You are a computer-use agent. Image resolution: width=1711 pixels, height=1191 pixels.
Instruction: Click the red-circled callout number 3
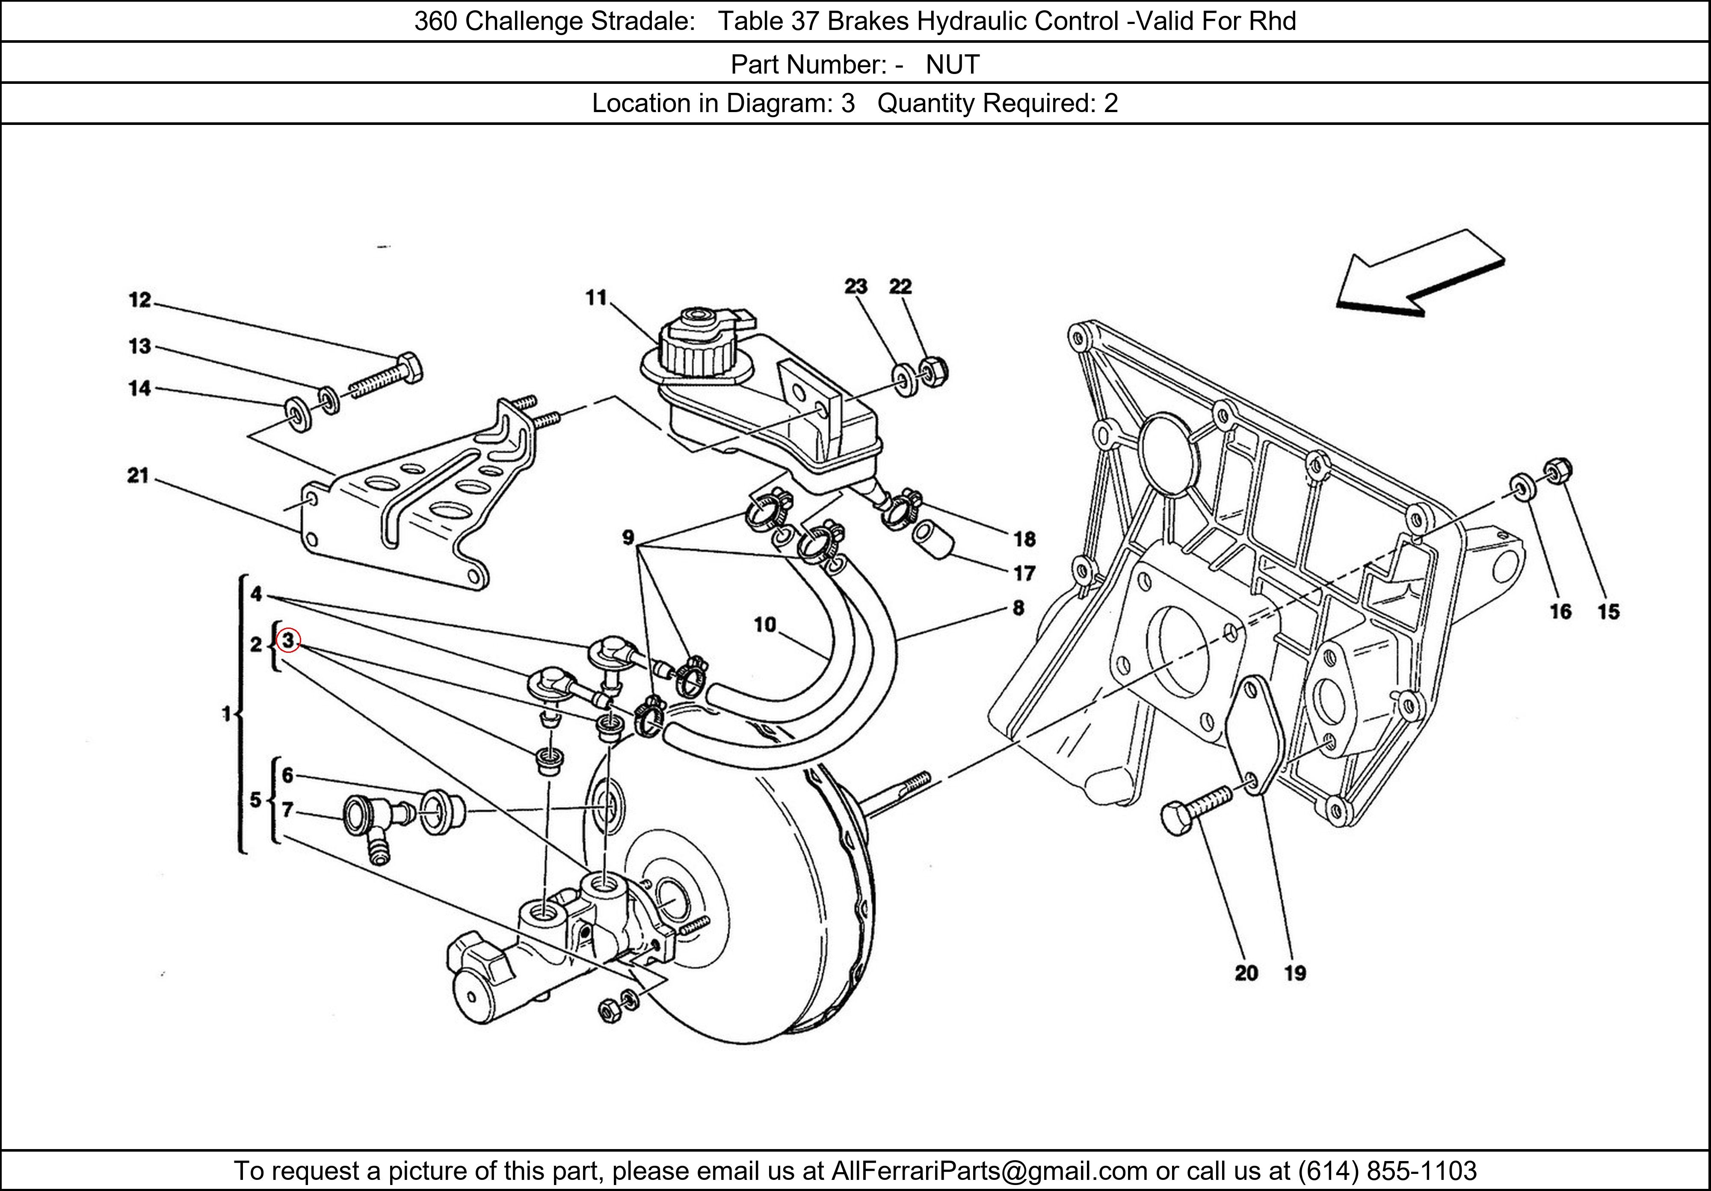click(287, 640)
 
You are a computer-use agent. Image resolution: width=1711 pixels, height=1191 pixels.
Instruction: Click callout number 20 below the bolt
click(1246, 973)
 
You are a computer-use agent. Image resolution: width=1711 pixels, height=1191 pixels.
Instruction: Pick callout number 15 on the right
click(1608, 611)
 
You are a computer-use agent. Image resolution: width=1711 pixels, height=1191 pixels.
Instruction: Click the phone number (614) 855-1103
click(1387, 1171)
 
